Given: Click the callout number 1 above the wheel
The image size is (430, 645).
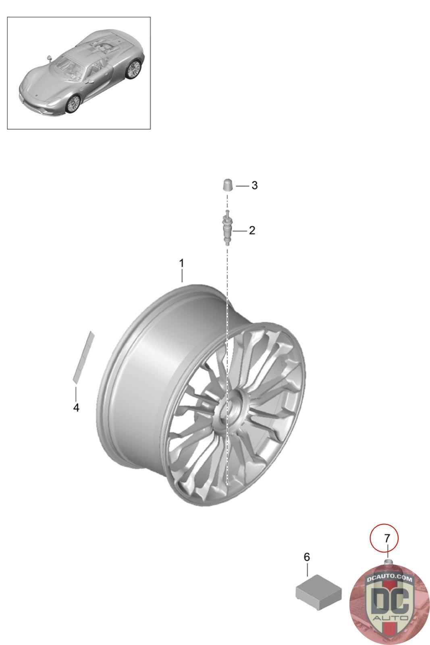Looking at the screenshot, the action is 181,264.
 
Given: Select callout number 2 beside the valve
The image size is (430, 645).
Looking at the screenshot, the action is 252,230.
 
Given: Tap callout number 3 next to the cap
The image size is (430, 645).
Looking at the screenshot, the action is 254,185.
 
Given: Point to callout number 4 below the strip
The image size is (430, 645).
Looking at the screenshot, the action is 76,408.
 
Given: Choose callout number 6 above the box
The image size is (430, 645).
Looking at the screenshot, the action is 307,557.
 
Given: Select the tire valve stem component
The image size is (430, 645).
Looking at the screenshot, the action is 227,228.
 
